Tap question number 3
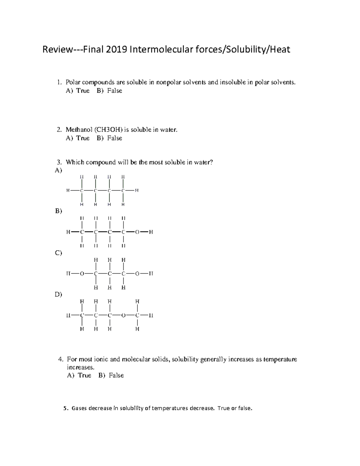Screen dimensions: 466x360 click(59, 162)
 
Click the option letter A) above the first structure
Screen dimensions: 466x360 click(58, 170)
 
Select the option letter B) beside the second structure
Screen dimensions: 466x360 click(58, 211)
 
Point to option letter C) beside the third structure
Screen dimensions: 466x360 click(58, 253)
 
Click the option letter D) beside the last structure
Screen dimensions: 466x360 click(58, 294)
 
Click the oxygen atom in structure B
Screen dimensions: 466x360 click(137, 232)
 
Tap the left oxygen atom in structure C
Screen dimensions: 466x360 click(82, 274)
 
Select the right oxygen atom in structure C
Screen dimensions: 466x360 click(137, 274)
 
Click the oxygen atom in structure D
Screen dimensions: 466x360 click(123, 315)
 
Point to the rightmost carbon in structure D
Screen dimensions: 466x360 click(137, 315)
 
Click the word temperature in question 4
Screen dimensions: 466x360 click(280, 359)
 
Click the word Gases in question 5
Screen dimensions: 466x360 click(79, 408)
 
